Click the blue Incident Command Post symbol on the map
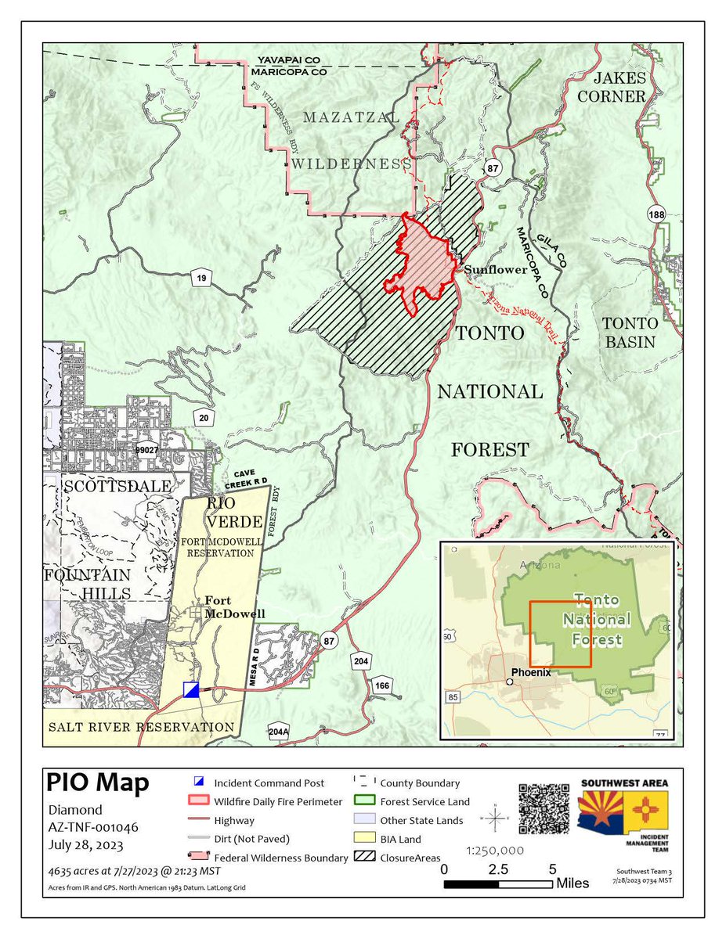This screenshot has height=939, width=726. [191, 689]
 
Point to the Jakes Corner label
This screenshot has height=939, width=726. [619, 87]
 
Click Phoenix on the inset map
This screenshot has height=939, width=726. [530, 672]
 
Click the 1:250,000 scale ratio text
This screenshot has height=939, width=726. [496, 850]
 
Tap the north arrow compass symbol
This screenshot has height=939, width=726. [495, 820]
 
